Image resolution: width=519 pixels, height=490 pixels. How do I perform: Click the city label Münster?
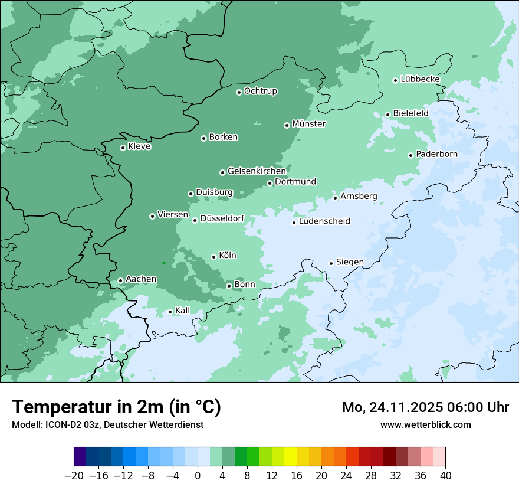point(308,124)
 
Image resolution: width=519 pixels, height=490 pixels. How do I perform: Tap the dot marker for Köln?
point(213,257)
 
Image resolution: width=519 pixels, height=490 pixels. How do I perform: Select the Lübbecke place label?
point(420,79)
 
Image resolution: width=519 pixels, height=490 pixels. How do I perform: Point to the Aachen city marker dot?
point(120,281)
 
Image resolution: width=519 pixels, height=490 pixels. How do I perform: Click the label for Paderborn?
point(436,154)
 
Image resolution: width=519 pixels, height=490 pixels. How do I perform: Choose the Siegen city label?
point(350,262)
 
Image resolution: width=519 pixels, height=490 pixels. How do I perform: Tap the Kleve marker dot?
point(123,148)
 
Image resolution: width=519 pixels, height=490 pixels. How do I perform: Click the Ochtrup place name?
point(260,91)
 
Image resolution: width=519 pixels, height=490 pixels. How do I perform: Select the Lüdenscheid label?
point(324,221)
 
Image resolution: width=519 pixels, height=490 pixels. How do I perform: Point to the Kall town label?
point(182,311)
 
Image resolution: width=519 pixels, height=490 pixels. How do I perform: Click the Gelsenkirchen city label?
point(257,171)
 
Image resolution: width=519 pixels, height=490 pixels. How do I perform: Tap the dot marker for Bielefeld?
point(387,115)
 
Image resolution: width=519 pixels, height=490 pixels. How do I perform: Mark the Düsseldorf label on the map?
point(222,218)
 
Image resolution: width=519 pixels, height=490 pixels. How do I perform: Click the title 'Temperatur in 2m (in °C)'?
point(116,407)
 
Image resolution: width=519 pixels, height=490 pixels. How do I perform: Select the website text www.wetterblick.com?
point(425,425)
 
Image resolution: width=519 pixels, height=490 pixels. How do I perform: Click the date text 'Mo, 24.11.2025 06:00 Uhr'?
point(425,407)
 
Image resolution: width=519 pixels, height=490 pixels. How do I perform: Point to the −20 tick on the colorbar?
point(74,476)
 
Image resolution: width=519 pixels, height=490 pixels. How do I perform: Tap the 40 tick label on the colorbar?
point(445,476)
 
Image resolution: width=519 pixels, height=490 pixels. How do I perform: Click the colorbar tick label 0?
point(198,476)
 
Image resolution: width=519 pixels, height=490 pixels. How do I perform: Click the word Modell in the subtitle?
point(26,425)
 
